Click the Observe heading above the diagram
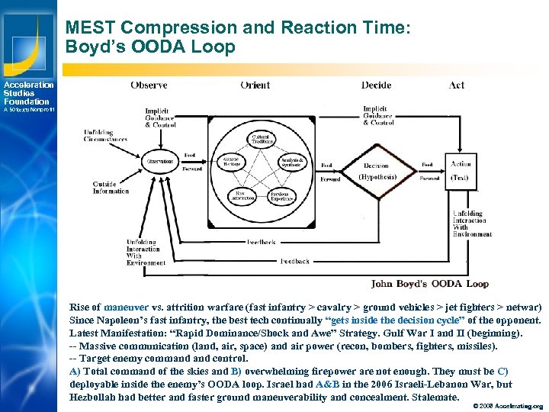coord(149,85)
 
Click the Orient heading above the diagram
coord(255,85)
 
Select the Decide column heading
coord(376,85)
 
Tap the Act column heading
coord(457,85)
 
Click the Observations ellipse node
coord(160,161)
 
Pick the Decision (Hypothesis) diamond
coord(376,169)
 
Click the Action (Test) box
coord(461,169)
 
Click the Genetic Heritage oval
coord(231,162)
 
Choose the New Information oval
coord(242,195)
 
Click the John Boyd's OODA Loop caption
coord(429,284)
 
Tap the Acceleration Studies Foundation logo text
coord(27,93)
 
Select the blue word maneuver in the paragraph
coord(121,307)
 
